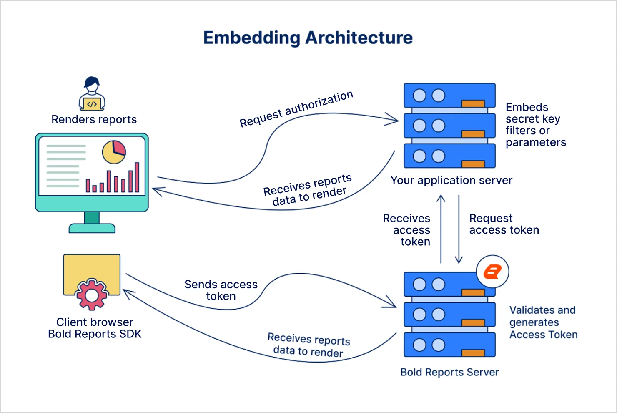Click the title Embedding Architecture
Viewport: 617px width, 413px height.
308,38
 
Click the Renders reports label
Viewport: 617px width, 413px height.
94,120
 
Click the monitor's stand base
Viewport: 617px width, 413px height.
92,228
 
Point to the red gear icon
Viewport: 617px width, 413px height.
92,295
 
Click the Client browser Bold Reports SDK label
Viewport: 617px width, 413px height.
95,328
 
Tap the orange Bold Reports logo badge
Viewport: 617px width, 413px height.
492,272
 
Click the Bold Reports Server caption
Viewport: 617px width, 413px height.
449,372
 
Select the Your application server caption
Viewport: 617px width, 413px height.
451,180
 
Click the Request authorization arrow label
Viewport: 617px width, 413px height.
296,109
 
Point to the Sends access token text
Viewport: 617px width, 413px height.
221,290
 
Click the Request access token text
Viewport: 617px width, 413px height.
504,224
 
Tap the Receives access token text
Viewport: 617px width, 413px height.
407,230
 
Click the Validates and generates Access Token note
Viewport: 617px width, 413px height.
543,322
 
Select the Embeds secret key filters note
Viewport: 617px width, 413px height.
535,125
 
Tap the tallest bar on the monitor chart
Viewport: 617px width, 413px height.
137,177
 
